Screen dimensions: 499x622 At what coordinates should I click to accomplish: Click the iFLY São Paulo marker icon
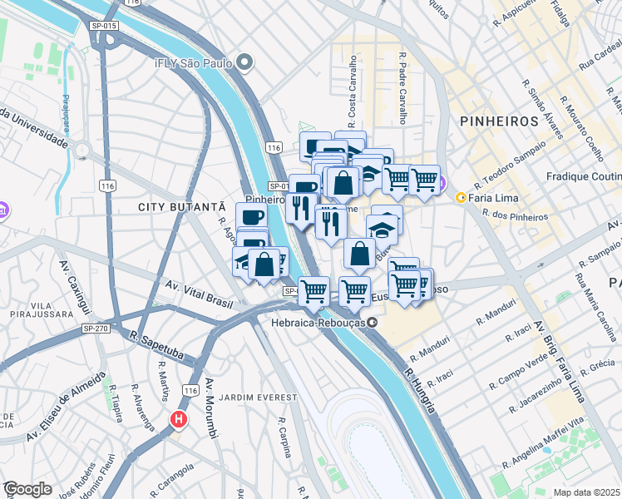click(244, 62)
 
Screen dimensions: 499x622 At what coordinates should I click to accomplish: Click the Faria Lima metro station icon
click(460, 197)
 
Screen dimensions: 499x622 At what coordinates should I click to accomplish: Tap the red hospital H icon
click(177, 421)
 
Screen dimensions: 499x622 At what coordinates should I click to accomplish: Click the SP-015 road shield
click(104, 27)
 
